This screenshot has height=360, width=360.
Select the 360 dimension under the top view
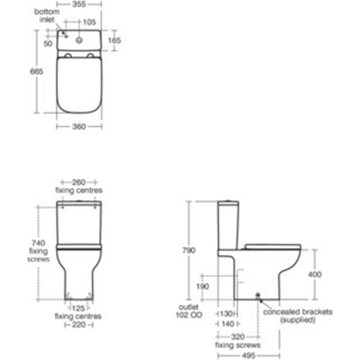79,127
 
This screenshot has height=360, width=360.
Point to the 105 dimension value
89,22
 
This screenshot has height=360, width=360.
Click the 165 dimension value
114,40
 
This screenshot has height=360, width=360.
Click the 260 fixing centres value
79,182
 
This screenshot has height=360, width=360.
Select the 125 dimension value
79,307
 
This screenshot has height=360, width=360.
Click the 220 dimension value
79,325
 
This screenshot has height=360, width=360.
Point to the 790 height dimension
189,250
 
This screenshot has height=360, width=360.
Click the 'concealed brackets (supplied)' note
292,318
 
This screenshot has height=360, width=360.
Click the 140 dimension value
228,324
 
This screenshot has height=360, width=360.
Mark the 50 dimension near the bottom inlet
48,44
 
